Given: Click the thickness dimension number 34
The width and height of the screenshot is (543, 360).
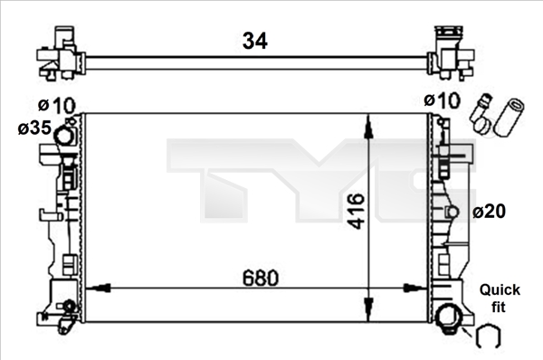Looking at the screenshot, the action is pyautogui.click(x=255, y=41).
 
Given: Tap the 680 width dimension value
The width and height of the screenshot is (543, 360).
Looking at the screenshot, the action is pyautogui.click(x=260, y=278).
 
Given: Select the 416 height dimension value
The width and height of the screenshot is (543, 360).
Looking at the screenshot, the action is pyautogui.click(x=357, y=211).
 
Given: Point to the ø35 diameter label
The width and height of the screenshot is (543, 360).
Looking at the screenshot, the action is pyautogui.click(x=34, y=128).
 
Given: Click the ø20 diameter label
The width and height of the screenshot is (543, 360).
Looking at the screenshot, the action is pyautogui.click(x=489, y=211).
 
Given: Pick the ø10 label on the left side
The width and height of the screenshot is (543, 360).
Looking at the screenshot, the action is pyautogui.click(x=56, y=105).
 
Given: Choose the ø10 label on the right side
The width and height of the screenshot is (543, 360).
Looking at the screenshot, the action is pyautogui.click(x=443, y=100).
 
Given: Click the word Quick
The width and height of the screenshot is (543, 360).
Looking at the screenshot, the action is pyautogui.click(x=500, y=290).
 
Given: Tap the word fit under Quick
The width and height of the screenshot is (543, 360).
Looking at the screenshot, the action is pyautogui.click(x=499, y=307).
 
